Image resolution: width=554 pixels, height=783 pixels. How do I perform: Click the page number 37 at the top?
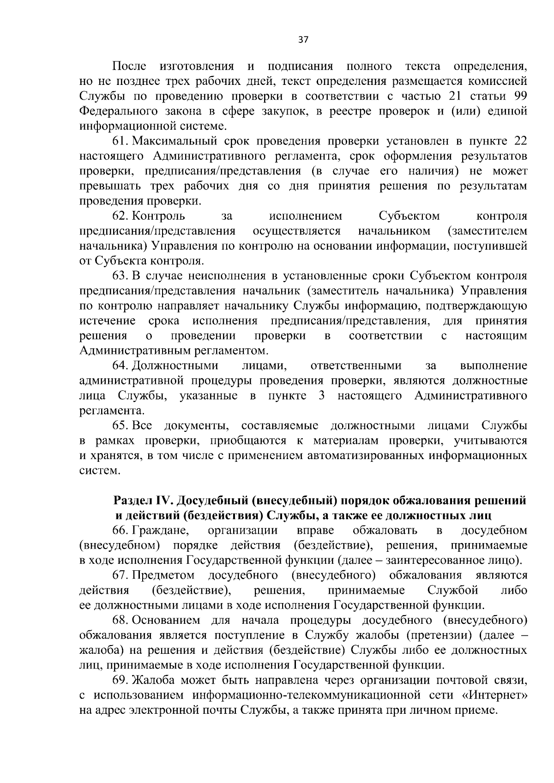303,40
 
